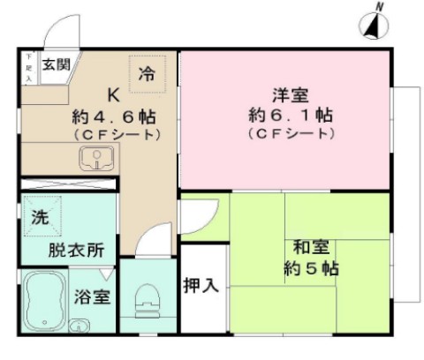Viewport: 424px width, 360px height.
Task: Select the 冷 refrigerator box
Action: pos(148,73)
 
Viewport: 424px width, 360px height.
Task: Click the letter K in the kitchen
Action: pos(114,94)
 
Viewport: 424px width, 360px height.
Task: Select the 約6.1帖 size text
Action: pos(284,115)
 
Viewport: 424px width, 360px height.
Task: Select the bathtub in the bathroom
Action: pos(45,297)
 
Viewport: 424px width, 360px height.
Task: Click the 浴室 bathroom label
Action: pos(94,297)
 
